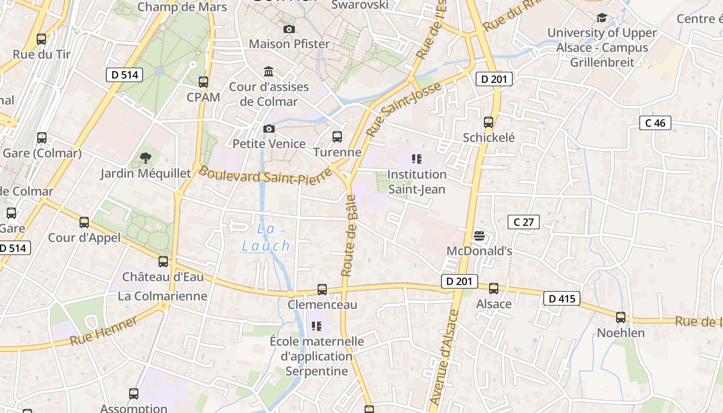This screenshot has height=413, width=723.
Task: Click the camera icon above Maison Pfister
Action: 289,29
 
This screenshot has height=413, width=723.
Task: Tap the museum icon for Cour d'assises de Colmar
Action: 269,71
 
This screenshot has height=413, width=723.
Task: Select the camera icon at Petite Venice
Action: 269,129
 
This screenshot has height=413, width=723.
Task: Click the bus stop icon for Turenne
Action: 337,137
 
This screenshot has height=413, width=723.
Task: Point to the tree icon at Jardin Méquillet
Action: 146,158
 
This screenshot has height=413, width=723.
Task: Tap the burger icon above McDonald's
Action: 479,236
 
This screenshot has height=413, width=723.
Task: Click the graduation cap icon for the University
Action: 602,18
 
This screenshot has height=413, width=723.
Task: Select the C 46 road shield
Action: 655,123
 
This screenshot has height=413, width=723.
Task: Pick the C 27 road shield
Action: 524,222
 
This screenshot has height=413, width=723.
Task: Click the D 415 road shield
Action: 562,298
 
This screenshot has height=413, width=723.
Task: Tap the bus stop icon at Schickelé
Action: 489,122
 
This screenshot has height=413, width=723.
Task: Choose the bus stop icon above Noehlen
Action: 621,317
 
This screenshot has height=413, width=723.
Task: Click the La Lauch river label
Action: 266,237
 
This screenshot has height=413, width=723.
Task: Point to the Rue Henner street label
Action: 104,331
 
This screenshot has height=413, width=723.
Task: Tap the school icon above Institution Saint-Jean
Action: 417,159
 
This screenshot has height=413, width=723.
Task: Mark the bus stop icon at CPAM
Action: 203,82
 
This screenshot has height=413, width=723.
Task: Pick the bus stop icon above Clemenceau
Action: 322,290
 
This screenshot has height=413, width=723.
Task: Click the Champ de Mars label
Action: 182,7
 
